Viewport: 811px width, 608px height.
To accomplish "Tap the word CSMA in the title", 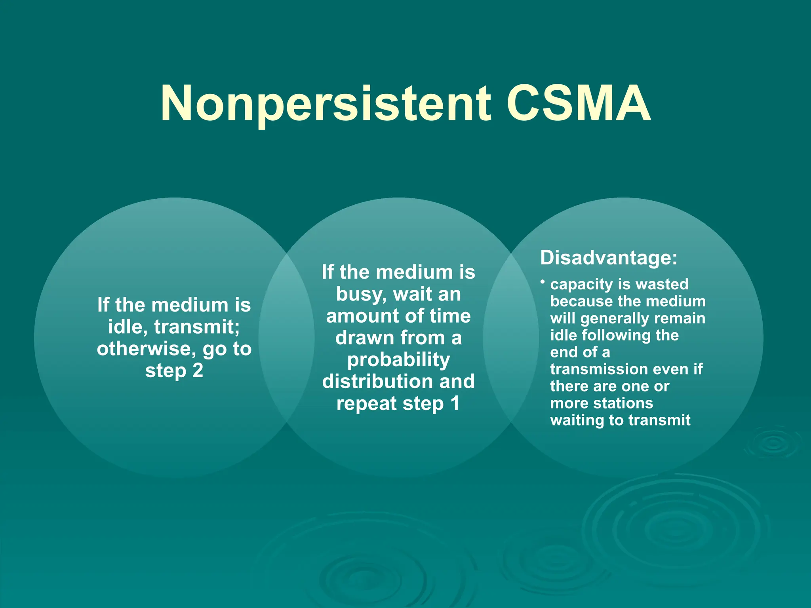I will (579, 104).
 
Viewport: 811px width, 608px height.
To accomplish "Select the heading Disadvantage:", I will (609, 258).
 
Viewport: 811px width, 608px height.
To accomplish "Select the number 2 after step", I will (197, 370).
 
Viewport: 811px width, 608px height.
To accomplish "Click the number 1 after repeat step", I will (455, 403).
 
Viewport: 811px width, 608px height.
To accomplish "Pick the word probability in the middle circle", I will (398, 360).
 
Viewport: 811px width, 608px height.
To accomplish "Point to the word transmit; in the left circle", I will (196, 327).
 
